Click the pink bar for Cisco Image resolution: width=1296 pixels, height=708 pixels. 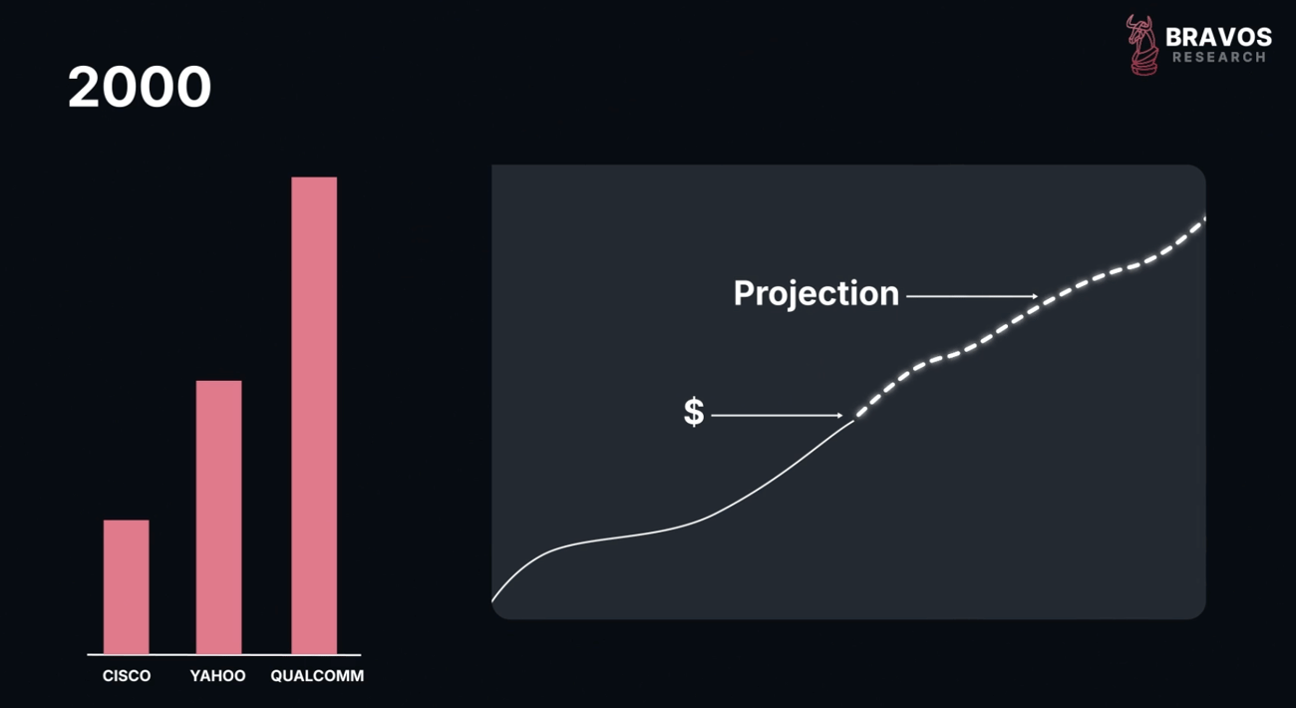[x=127, y=586]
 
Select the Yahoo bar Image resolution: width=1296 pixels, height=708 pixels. [x=218, y=517]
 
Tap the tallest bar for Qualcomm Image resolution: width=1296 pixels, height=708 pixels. [x=314, y=415]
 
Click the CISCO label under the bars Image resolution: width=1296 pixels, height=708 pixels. [x=127, y=675]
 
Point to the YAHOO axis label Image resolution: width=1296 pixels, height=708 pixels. [x=217, y=675]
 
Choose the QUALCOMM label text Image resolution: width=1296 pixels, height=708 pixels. [x=317, y=675]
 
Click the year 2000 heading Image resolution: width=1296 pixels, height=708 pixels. [x=140, y=87]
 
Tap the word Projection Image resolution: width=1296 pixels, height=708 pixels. [x=816, y=294]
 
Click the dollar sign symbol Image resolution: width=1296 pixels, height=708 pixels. [x=694, y=412]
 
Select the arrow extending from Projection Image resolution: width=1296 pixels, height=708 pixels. [x=972, y=296]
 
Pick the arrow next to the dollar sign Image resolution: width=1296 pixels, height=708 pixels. [x=777, y=415]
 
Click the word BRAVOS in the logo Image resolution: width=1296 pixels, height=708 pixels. [x=1218, y=38]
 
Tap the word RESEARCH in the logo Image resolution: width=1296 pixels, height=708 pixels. [x=1219, y=57]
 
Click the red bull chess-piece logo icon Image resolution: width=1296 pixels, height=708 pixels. [x=1142, y=45]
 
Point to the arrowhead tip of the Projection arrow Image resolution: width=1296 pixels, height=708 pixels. [x=1038, y=296]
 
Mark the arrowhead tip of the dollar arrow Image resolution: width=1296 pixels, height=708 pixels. [x=843, y=415]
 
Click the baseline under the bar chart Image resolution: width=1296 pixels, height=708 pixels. [x=224, y=655]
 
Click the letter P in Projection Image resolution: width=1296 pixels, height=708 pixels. [x=745, y=292]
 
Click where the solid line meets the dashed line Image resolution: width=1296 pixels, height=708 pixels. [x=854, y=420]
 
